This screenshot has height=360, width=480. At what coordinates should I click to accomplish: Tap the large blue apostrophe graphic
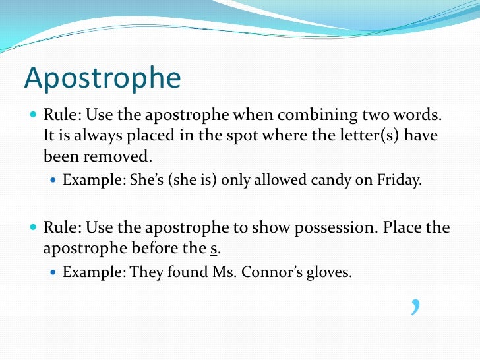pos(415,306)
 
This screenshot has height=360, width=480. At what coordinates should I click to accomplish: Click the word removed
pos(124,157)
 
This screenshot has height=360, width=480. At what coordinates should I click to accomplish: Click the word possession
pos(323,228)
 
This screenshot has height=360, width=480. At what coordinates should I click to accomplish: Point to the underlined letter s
pos(213,249)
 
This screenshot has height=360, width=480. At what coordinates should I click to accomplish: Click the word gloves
pos(329,272)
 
